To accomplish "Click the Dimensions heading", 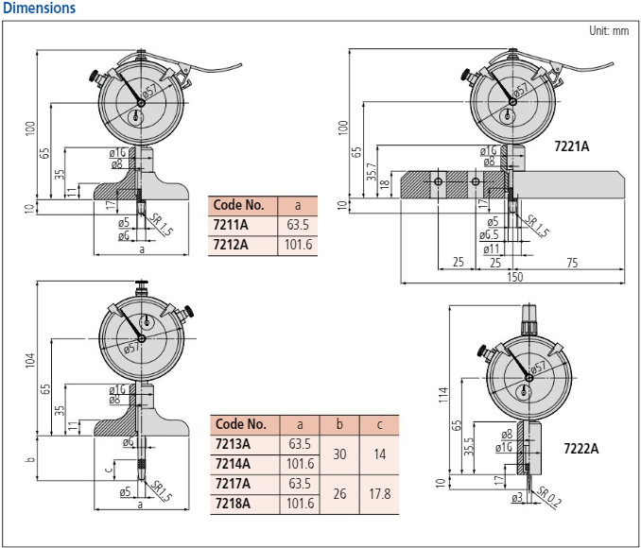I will pyautogui.click(x=40, y=8).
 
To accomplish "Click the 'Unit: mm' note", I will pyautogui.click(x=608, y=30).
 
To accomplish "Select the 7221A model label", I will pyautogui.click(x=571, y=146).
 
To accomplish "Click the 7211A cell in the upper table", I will pyautogui.click(x=233, y=225).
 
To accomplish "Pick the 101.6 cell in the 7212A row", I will pyautogui.click(x=297, y=246).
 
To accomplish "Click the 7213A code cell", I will pyautogui.click(x=234, y=444).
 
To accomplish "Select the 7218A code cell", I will pyautogui.click(x=234, y=504).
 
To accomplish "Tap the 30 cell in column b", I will pyautogui.click(x=339, y=454).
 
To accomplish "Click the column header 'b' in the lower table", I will pyautogui.click(x=339, y=424).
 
